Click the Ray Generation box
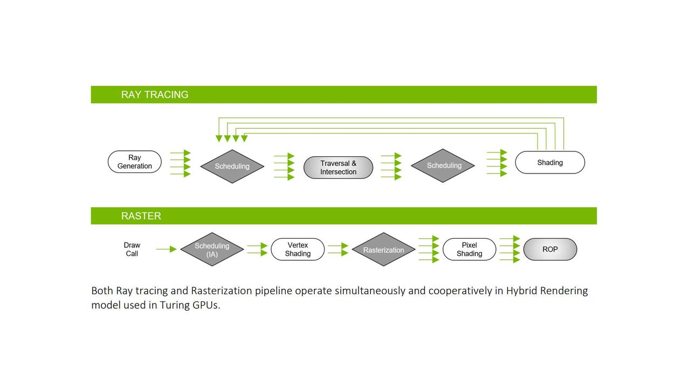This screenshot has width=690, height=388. point(135,162)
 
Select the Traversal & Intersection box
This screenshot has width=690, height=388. point(338,168)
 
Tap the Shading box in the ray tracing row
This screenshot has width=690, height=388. point(550,162)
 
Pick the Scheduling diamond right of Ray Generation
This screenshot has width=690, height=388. point(232,167)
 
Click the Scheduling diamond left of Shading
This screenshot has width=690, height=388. point(443,165)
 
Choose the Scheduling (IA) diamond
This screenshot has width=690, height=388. point(212,250)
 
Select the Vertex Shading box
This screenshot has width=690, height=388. point(298,250)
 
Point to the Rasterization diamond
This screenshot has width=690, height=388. point(383,250)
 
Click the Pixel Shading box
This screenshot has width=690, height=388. point(469,250)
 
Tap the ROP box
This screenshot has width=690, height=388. point(550,250)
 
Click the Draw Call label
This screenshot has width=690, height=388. point(132,250)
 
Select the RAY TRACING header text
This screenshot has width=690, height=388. point(155,94)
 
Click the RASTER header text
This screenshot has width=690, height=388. point(141,216)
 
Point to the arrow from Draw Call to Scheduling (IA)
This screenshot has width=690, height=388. point(167,249)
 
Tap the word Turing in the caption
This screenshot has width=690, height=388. point(176,306)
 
